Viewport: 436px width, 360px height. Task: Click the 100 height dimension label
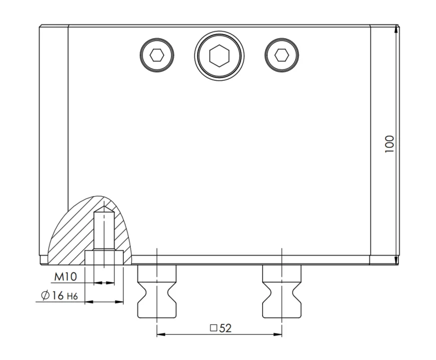[389, 144]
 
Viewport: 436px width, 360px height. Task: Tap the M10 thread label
[65, 277]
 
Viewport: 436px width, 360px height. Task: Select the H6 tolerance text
[72, 296]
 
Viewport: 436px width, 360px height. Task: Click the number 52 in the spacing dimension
[225, 328]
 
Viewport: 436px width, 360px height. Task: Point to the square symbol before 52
[213, 328]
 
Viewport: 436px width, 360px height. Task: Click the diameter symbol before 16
[45, 295]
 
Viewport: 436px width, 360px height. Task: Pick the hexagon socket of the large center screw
[220, 56]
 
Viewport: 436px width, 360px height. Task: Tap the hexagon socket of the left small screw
[157, 55]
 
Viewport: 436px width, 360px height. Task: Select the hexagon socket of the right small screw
[282, 55]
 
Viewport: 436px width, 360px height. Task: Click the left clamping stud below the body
[157, 291]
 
